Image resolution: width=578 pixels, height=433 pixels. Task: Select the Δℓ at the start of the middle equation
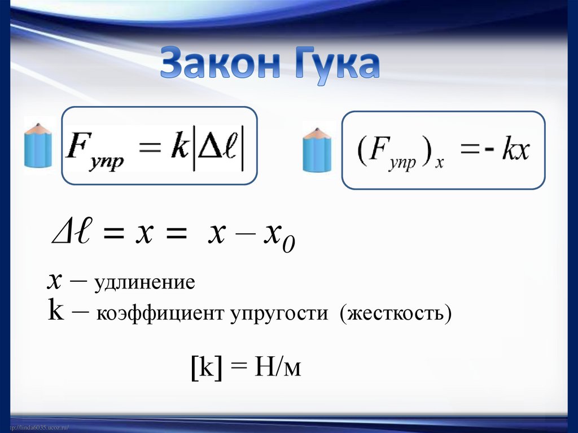(x=67, y=233)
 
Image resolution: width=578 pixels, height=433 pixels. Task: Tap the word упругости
(x=278, y=313)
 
